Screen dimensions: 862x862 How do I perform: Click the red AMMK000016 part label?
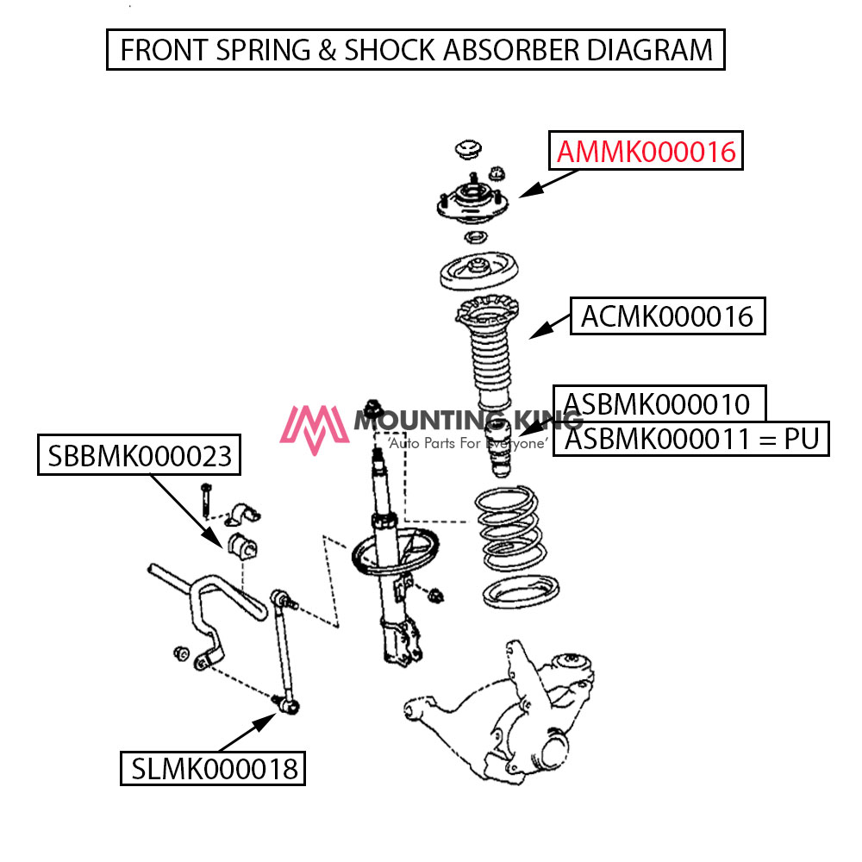646,152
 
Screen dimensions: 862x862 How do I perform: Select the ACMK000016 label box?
667,316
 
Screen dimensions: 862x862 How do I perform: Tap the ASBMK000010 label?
657,404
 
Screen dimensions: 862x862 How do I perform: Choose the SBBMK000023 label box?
139,455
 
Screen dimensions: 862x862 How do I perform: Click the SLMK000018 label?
213,768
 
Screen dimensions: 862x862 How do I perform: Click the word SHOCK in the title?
390,50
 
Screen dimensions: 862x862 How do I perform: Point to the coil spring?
510,529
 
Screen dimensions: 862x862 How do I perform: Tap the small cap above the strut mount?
468,149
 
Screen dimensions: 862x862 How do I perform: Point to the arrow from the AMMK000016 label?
548,184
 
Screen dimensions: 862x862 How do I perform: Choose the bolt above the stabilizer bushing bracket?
206,500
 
